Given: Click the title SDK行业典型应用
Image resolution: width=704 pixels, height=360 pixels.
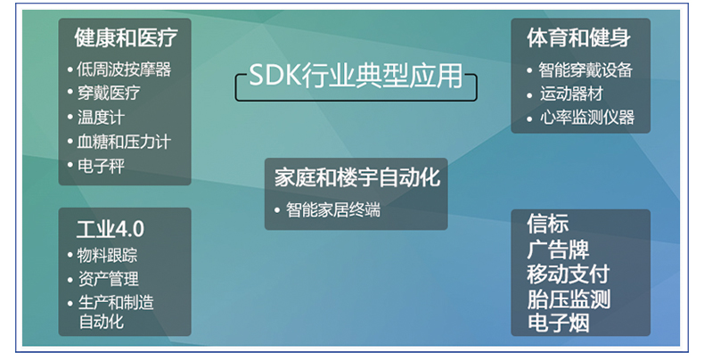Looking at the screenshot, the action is (x=356, y=75).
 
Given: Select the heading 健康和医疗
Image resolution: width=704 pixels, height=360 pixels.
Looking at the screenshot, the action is (x=127, y=37).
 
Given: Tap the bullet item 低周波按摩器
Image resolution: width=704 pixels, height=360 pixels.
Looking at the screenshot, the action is (x=124, y=70).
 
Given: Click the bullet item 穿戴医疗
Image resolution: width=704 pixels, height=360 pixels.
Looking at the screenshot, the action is (x=109, y=93).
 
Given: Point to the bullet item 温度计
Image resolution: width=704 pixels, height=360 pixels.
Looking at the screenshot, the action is (x=101, y=118).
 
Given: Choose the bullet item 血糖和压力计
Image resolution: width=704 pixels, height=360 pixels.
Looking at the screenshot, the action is (x=124, y=142).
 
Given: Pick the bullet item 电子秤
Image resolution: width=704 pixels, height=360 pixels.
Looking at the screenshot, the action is (x=101, y=166).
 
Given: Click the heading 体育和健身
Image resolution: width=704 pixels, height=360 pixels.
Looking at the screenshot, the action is (x=578, y=37).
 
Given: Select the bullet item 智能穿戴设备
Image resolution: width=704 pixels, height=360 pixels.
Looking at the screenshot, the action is (x=585, y=70).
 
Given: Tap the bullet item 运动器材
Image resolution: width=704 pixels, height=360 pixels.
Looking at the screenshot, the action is (x=571, y=94).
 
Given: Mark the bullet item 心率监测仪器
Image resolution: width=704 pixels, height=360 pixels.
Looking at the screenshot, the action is (x=587, y=118).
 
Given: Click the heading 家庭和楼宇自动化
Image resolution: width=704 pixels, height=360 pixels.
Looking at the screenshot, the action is (x=357, y=177).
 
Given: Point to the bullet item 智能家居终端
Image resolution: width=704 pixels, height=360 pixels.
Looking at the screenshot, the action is (x=333, y=210).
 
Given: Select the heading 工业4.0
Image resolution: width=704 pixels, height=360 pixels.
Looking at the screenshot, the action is (x=111, y=229).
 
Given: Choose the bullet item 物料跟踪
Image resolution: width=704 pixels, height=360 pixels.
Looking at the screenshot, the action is (x=107, y=256).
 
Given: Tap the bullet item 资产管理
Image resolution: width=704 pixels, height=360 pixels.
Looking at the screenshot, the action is (x=108, y=279).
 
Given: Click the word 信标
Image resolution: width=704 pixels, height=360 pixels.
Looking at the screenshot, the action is (x=548, y=224).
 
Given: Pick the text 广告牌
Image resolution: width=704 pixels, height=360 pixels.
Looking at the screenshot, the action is (x=558, y=250).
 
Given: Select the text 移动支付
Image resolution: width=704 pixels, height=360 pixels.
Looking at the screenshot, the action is (x=569, y=274).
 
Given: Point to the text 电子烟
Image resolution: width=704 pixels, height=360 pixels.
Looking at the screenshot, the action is (x=559, y=323).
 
